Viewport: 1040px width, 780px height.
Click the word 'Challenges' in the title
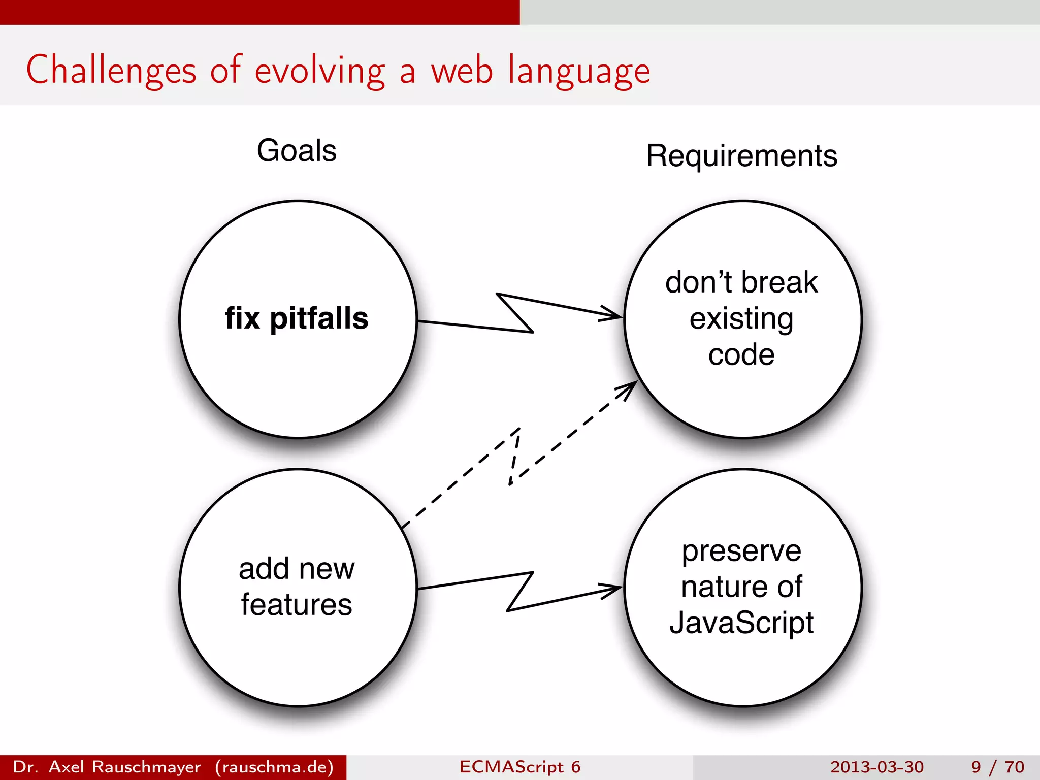111,71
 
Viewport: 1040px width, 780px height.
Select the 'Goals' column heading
297,151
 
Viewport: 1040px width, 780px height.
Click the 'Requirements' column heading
741,156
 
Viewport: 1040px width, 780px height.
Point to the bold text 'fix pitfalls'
297,318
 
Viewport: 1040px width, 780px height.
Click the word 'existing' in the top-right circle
741,319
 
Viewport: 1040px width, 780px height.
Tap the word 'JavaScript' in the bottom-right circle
741,623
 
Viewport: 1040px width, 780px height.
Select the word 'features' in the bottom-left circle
297,604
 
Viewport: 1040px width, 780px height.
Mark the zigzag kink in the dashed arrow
514,457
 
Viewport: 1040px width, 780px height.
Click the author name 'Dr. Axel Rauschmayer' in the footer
107,767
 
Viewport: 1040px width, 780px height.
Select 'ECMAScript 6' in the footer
519,767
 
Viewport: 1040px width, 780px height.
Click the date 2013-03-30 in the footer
877,767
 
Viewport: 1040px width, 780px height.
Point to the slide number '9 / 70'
997,767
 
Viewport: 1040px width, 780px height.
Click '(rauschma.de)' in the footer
274,767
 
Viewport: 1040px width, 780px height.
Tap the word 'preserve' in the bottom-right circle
741,551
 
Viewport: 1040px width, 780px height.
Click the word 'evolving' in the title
320,71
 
